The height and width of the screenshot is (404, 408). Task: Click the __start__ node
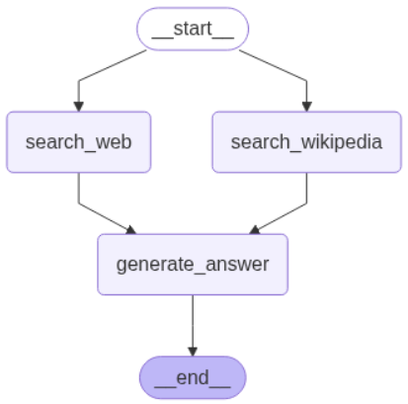point(193,29)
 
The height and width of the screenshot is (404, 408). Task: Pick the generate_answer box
point(193,264)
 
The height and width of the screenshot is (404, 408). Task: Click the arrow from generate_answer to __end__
point(193,321)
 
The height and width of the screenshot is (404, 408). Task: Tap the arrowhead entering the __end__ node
point(193,350)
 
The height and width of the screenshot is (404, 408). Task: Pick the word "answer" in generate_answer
point(234,265)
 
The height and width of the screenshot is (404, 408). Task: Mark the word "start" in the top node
point(193,29)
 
